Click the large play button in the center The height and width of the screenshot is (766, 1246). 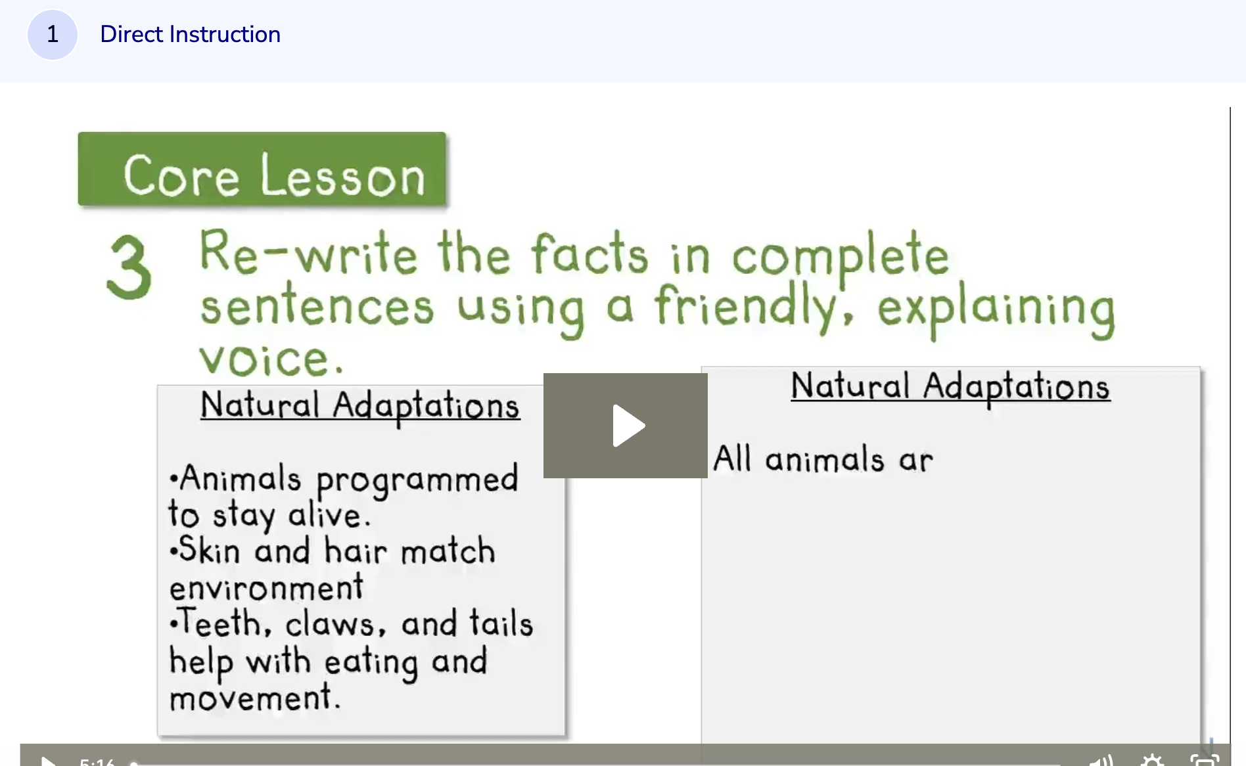pyautogui.click(x=626, y=426)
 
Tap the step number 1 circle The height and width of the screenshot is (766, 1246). pyautogui.click(x=53, y=34)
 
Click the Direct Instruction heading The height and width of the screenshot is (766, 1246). pyautogui.click(x=190, y=34)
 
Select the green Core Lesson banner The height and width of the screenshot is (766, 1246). pyautogui.click(x=262, y=169)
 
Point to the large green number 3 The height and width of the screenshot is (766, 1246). pyautogui.click(x=129, y=268)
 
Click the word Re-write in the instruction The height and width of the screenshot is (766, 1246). pyautogui.click(x=308, y=254)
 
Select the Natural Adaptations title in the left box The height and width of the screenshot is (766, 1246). pyautogui.click(x=359, y=405)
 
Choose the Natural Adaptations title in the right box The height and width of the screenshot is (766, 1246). pyautogui.click(x=950, y=386)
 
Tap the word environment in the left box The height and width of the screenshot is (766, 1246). pyautogui.click(x=266, y=587)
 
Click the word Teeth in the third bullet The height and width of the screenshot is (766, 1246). pyautogui.click(x=221, y=623)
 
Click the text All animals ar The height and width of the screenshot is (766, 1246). pyautogui.click(x=823, y=459)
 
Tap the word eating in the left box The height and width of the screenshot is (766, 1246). pyautogui.click(x=371, y=662)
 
